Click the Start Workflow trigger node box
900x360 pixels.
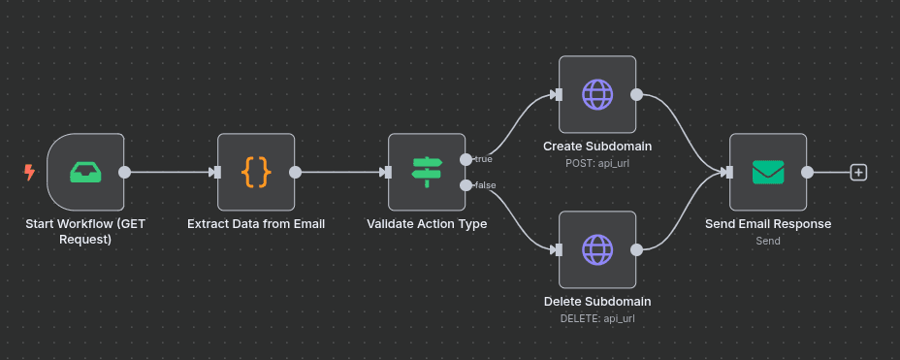(85, 172)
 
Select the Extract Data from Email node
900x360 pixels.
(256, 172)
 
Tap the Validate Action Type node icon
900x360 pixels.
(427, 172)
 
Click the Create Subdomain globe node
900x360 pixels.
(597, 94)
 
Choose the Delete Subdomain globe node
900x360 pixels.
(597, 249)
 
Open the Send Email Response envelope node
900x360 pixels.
(768, 172)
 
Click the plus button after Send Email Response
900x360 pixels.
(858, 173)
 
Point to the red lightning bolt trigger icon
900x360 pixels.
(29, 173)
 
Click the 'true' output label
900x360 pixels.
(483, 158)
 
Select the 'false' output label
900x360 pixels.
(484, 185)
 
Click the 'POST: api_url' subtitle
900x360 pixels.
(597, 163)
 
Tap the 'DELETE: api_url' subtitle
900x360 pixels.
(597, 318)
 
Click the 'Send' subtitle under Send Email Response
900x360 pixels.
(768, 241)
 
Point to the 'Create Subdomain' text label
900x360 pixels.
(597, 147)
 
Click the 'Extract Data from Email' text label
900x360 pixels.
(256, 224)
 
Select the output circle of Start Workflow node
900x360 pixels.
(124, 173)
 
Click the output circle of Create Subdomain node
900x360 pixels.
(636, 95)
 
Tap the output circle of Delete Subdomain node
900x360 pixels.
(636, 250)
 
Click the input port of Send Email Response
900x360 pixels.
(727, 173)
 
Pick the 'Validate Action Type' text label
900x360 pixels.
(427, 224)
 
